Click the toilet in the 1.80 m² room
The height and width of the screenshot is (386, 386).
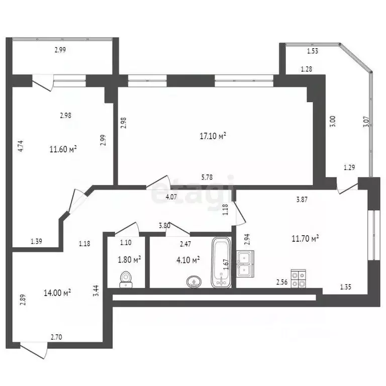point(126,279)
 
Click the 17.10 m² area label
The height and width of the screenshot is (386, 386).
point(213,136)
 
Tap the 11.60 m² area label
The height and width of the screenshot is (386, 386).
point(63,149)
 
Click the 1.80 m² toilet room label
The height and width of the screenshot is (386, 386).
point(128,259)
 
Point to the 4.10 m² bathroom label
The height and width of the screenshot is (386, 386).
point(188,259)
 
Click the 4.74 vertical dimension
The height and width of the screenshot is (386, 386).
point(21,146)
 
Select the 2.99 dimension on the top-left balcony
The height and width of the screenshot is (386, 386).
point(60,50)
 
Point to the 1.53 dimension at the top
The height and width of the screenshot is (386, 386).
point(313,50)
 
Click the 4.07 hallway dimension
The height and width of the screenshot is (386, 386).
point(172,197)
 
